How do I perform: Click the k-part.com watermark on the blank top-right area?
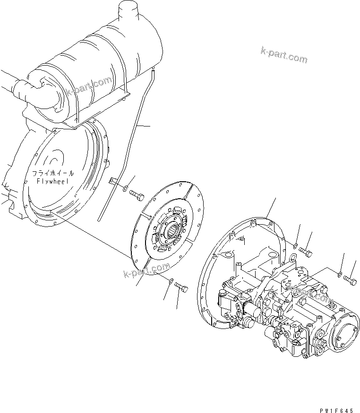pos(283,55)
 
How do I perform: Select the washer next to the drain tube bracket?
pos(124,189)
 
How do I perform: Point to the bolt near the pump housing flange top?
pos(306,252)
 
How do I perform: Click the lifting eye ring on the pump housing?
pos(293,258)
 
